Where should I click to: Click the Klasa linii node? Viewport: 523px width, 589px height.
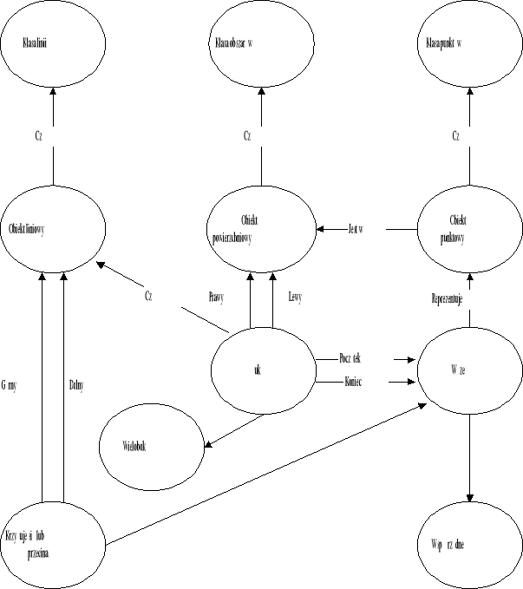point(53,43)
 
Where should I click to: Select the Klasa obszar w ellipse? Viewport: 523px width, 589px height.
point(261,43)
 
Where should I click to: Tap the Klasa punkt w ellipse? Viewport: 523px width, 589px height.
point(469,43)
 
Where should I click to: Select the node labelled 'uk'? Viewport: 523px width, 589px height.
point(262,370)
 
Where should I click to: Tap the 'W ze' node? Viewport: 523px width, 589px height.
point(469,370)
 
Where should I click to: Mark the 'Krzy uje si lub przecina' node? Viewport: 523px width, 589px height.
point(53,542)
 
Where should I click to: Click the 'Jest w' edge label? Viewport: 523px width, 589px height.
point(354,229)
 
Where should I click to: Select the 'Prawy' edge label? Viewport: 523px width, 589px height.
point(216,297)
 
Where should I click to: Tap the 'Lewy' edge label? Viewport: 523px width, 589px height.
point(294,297)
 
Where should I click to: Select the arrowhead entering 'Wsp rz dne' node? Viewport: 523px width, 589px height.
point(469,498)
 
